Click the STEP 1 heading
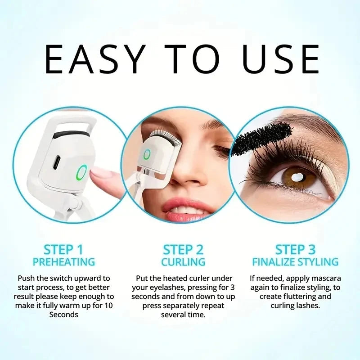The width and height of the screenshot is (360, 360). click(x=63, y=250)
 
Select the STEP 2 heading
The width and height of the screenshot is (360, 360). click(x=183, y=250)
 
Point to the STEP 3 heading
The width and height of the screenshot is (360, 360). click(x=295, y=250)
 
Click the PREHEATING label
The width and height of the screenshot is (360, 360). click(x=63, y=262)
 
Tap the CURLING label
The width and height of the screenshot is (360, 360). click(x=183, y=262)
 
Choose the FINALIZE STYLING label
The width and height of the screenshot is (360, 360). click(x=295, y=262)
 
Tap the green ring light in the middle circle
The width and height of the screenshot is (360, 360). click(x=147, y=155)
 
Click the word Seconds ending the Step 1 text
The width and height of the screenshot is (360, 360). click(x=63, y=315)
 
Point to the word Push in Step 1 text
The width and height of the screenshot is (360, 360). click(x=27, y=279)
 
